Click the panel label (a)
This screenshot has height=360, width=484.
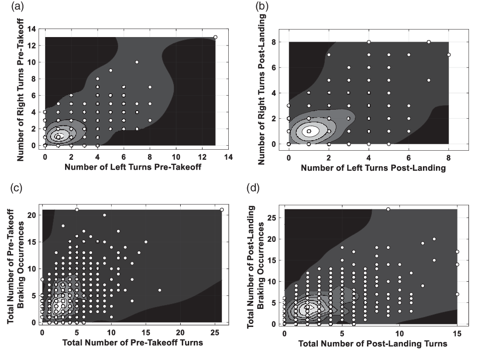click(10, 7)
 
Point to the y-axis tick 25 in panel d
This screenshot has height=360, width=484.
click(277, 218)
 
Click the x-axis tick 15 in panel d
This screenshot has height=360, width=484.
click(457, 332)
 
